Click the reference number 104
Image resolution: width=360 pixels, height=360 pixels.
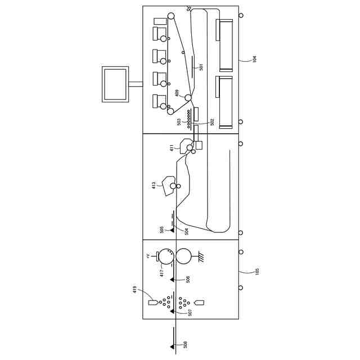(x=254, y=58)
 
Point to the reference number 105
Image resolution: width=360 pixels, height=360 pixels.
(x=257, y=271)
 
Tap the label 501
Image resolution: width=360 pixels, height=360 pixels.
(x=201, y=67)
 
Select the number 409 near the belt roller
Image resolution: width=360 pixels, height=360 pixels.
(x=177, y=93)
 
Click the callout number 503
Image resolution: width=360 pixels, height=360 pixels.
(x=179, y=121)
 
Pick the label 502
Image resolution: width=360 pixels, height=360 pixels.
(x=212, y=121)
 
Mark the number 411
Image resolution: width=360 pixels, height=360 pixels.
(x=172, y=148)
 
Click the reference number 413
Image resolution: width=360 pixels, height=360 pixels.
(x=154, y=186)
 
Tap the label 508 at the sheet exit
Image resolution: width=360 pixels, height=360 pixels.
(x=186, y=344)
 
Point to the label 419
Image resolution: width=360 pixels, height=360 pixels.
(x=135, y=289)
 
